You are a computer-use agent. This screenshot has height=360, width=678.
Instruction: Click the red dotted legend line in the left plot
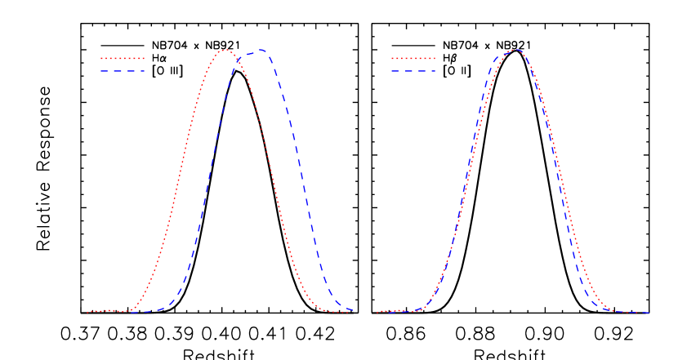[x=123, y=59]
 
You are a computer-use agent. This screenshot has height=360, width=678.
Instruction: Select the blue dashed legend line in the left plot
[x=123, y=71]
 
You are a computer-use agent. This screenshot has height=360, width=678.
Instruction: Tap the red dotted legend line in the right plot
[x=413, y=59]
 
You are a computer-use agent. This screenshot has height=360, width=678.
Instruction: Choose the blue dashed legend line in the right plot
[x=413, y=71]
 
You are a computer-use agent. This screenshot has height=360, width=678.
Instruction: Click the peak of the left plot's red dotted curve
[x=226, y=51]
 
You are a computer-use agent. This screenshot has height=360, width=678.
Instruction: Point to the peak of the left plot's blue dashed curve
[x=261, y=50]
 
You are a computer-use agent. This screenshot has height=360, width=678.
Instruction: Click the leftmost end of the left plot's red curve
[x=87, y=312]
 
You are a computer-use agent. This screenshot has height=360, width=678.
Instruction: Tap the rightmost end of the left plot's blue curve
[x=352, y=309]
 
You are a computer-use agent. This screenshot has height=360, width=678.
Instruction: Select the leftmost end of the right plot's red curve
[x=377, y=312]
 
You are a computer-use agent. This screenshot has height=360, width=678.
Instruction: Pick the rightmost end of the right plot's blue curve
[x=649, y=312]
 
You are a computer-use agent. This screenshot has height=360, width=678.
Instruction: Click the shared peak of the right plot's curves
[x=515, y=50]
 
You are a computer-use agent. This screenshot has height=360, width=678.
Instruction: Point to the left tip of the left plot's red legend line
[x=100, y=59]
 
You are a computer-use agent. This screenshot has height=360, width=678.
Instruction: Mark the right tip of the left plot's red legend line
[x=145, y=59]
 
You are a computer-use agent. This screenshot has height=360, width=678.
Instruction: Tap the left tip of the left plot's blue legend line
[x=100, y=71]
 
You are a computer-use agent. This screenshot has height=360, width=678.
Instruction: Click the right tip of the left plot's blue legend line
[x=145, y=71]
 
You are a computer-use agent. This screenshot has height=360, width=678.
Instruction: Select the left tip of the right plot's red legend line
[x=391, y=59]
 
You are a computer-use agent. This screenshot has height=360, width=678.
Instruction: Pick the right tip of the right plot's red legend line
[x=436, y=59]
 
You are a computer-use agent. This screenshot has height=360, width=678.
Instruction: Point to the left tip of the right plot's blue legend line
[x=391, y=71]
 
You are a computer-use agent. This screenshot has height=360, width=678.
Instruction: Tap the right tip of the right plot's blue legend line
[x=436, y=71]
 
